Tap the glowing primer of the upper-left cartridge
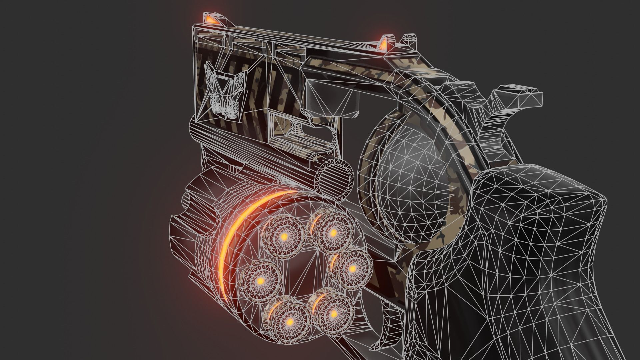(x=284, y=237)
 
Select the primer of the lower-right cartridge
(x=333, y=314)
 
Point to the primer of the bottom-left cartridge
(x=289, y=322)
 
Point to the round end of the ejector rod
(x=335, y=177)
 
